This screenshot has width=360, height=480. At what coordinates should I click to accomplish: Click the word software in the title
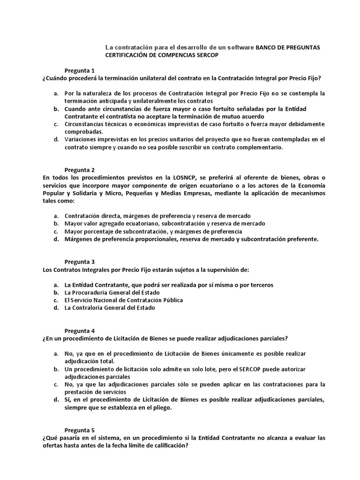[240, 47]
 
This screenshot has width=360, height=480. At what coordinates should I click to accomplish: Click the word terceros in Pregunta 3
[261, 285]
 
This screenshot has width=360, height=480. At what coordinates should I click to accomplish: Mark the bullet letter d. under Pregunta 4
[55, 399]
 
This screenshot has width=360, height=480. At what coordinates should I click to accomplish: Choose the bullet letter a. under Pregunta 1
[55, 93]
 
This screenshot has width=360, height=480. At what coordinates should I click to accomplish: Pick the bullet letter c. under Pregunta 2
[55, 231]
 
